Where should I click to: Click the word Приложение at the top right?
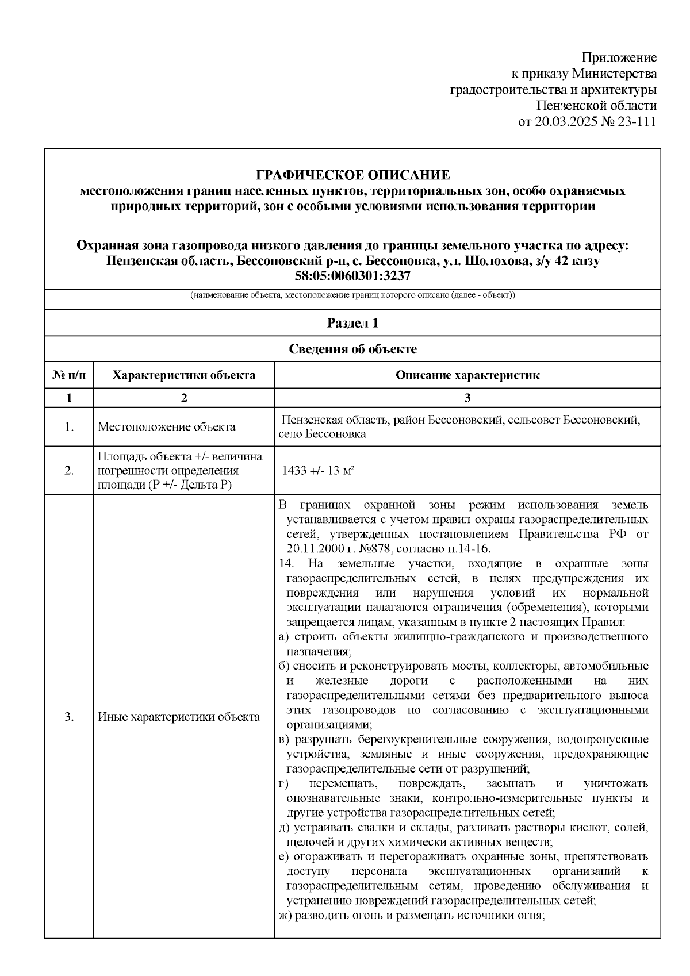pos(619,57)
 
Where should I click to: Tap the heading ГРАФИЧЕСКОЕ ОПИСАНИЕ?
pos(352,175)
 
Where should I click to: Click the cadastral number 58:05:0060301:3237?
pos(352,276)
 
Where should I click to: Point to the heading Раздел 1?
pos(352,323)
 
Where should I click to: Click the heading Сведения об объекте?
pos(352,349)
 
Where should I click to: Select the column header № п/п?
pos(69,376)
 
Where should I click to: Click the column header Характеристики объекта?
pos(183,376)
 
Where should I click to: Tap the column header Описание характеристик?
pos(467,376)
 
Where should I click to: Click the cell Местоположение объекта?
pos(166,427)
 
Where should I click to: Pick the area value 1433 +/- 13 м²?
pos(317,471)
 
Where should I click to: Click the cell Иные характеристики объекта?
pos(178,717)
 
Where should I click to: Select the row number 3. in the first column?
pos(69,717)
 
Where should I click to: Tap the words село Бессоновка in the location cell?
pos(322,435)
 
